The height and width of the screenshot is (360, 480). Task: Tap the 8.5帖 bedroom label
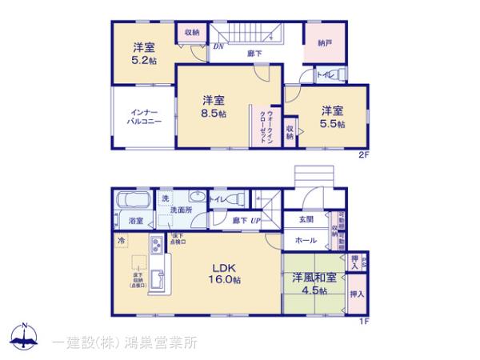(212, 106)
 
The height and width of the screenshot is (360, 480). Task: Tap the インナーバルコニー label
(143, 118)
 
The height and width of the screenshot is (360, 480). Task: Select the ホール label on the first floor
(306, 238)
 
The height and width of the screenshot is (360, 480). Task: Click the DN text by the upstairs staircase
(218, 46)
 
